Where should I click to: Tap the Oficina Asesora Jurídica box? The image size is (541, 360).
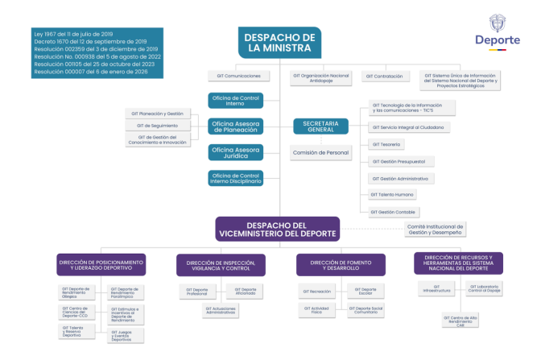pos(236,152)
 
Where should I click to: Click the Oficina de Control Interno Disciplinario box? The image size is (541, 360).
pos(236,178)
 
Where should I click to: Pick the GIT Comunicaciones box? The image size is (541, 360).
pos(233,77)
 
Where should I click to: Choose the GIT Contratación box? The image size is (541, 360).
pos(385,77)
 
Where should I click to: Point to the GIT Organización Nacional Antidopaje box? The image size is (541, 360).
pos(320,77)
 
